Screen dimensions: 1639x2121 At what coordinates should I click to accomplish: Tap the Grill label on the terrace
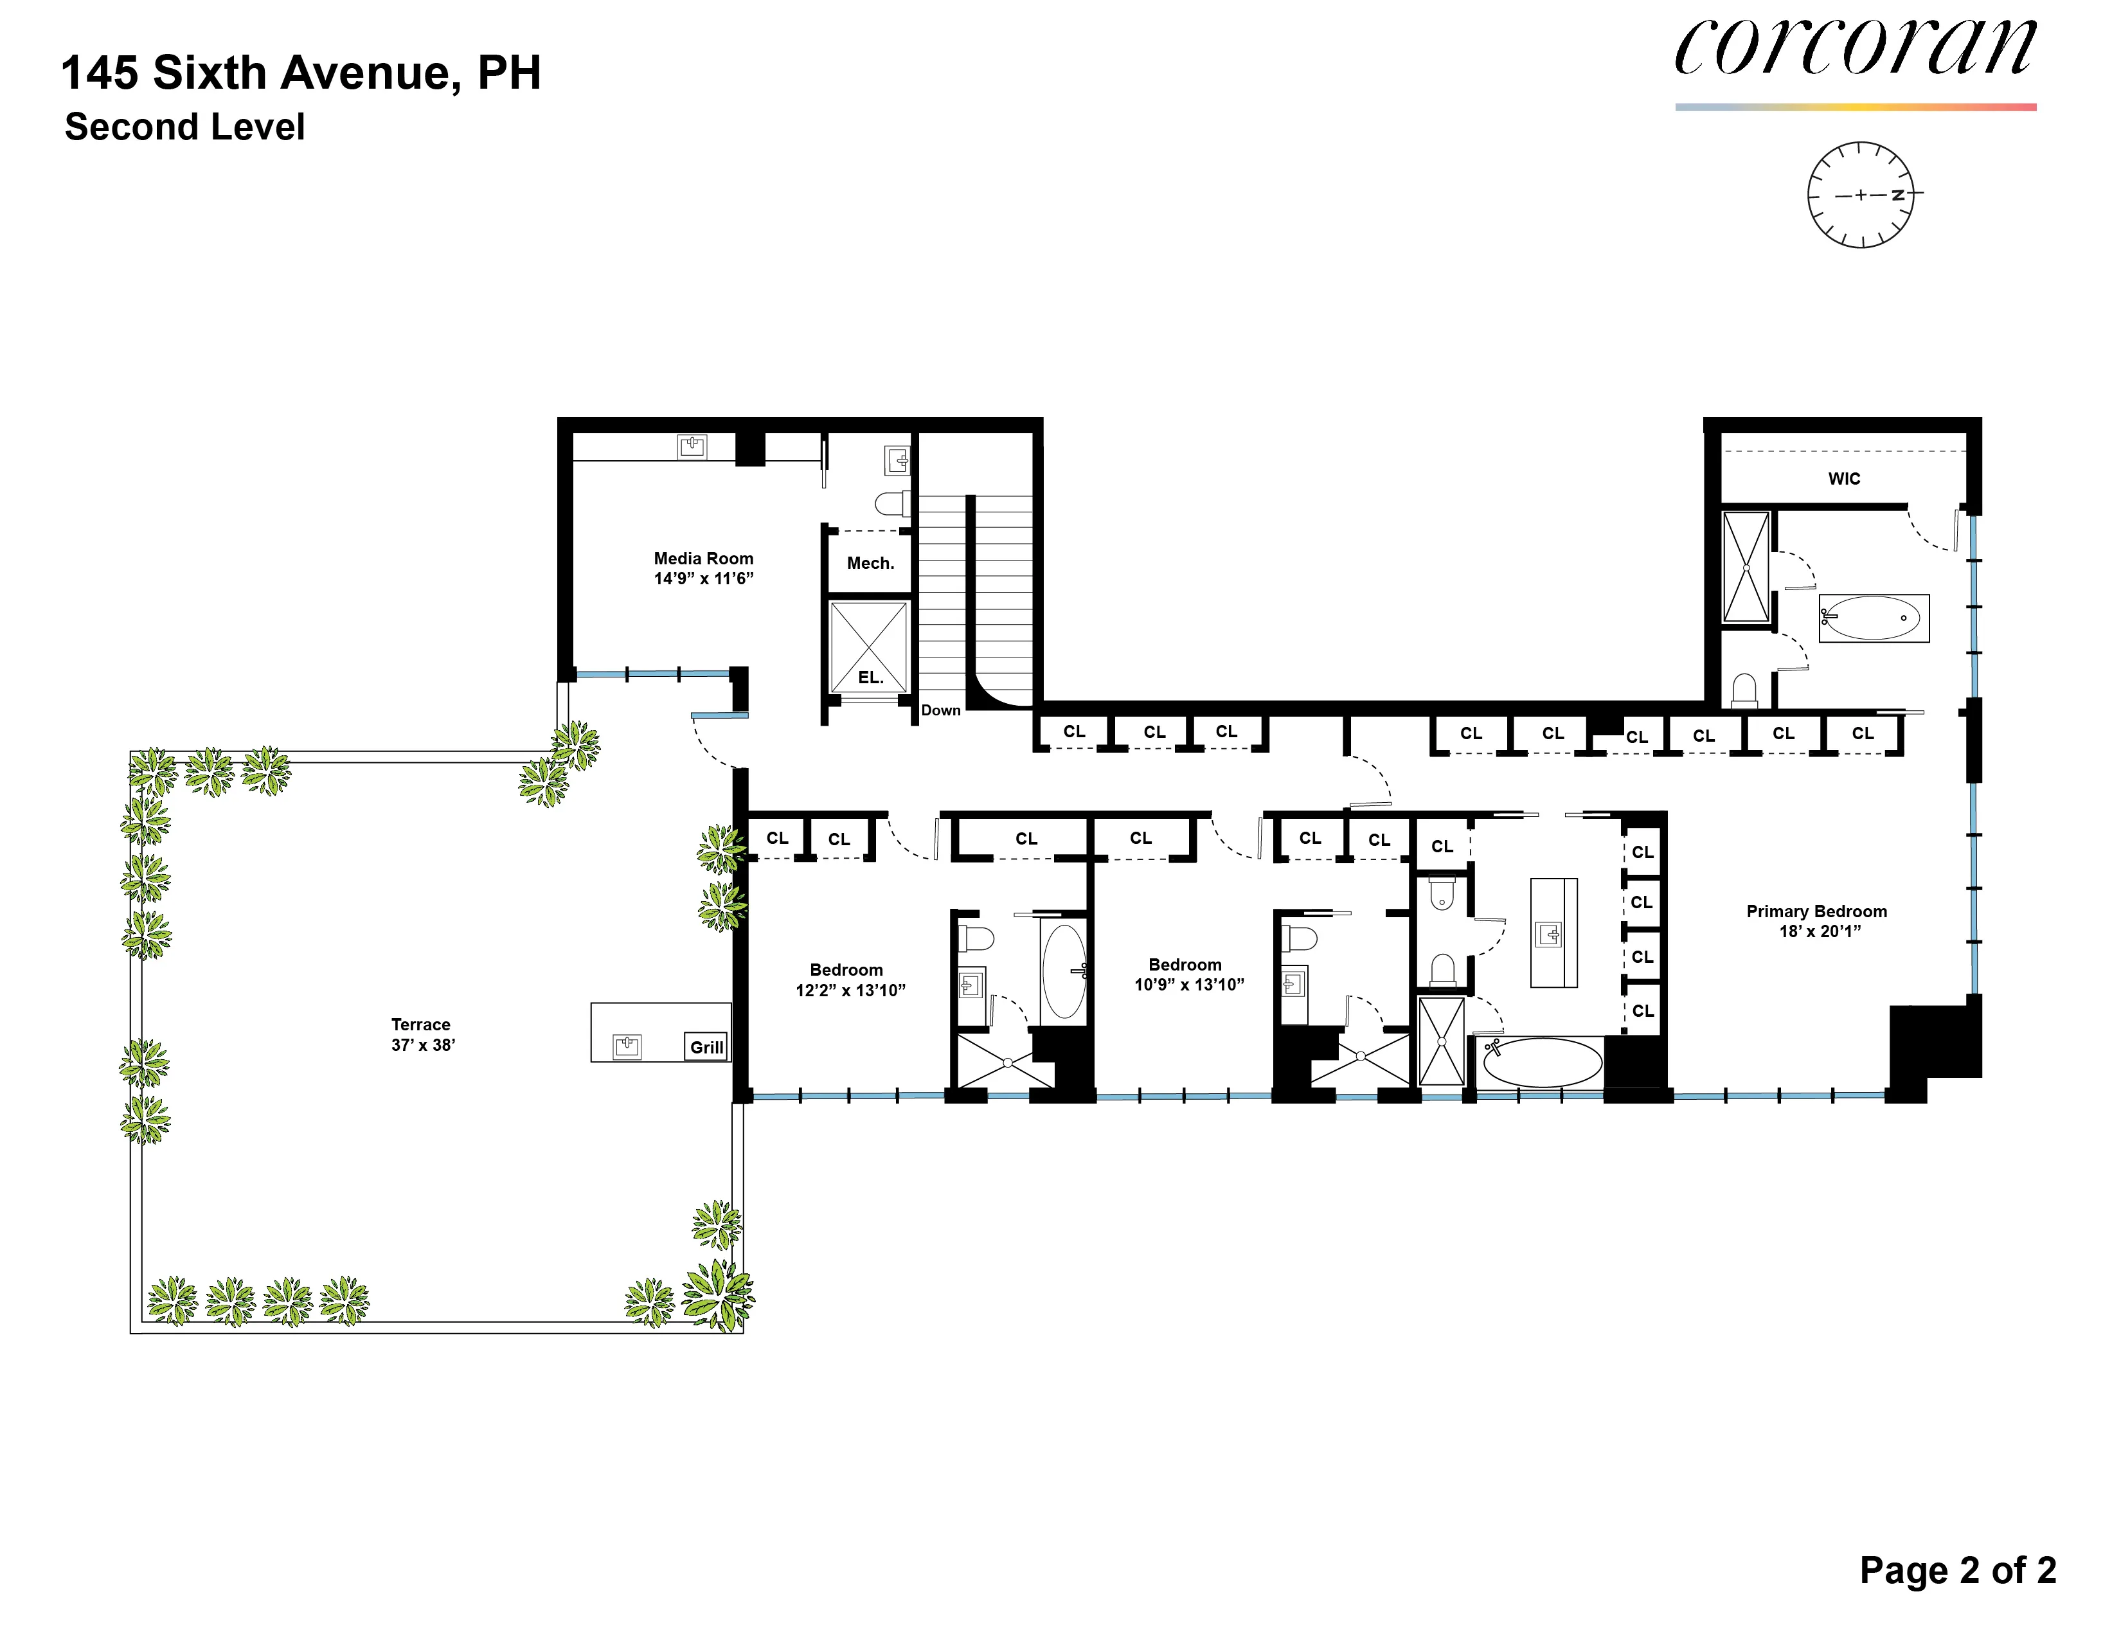click(x=706, y=1046)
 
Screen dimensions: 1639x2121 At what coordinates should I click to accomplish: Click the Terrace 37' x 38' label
click(x=422, y=1034)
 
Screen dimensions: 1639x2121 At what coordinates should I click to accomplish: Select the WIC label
click(x=1843, y=479)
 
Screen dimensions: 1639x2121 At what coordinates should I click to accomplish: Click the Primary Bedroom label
click(x=1816, y=920)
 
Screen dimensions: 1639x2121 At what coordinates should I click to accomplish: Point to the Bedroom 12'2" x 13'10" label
click(x=849, y=980)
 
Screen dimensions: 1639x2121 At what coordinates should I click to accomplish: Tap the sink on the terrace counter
click(x=627, y=1046)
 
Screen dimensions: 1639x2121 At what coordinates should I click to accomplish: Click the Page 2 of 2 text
click(x=1957, y=1570)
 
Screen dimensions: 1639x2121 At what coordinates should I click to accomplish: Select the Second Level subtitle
click(x=184, y=127)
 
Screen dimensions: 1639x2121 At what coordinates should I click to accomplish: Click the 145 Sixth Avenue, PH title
click(x=301, y=73)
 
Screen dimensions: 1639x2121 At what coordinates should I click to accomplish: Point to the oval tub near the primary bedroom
click(x=1541, y=1063)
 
